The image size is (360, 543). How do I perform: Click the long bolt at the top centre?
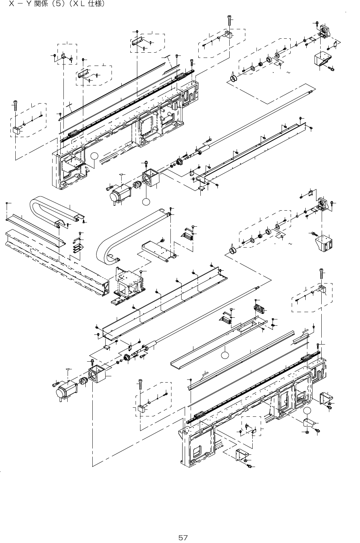(x=229, y=20)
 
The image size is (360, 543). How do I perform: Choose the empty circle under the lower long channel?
(x=225, y=355)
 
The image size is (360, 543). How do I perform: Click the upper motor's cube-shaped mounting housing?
(x=151, y=179)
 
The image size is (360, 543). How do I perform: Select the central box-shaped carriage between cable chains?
(x=128, y=283)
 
